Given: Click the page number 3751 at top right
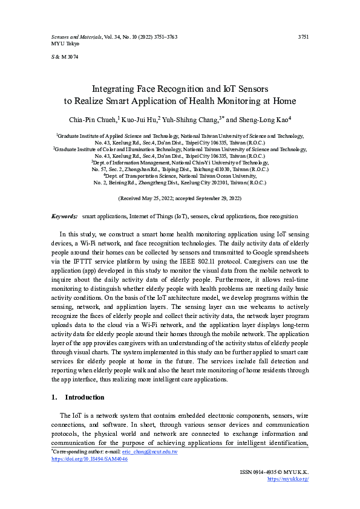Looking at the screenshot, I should (304, 37).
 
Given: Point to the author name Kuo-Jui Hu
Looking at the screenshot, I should (139, 119).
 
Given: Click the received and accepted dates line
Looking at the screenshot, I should (180, 198).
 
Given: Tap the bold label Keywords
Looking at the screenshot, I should (64, 216).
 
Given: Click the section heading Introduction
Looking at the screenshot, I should (85, 397).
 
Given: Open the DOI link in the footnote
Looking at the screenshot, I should (89, 459).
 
